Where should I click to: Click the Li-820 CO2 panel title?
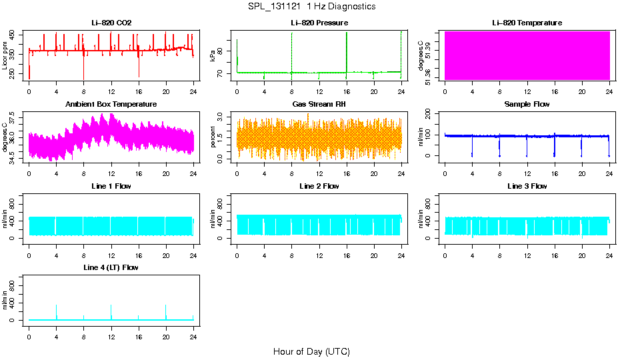[111, 23]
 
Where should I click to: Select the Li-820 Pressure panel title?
[319, 23]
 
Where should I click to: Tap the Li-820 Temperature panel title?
[527, 23]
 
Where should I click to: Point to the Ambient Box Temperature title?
[111, 104]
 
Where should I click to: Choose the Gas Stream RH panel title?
[319, 104]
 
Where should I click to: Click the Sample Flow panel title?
[527, 104]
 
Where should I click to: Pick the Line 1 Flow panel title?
[111, 186]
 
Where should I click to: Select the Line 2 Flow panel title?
[319, 186]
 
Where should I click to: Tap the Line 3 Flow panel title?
[527, 186]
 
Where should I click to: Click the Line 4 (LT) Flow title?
[111, 267]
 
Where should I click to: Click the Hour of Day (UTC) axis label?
[311, 351]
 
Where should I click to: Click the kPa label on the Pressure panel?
[213, 55]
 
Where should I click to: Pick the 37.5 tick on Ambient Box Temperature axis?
[15, 116]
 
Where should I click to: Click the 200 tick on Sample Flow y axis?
[431, 113]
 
